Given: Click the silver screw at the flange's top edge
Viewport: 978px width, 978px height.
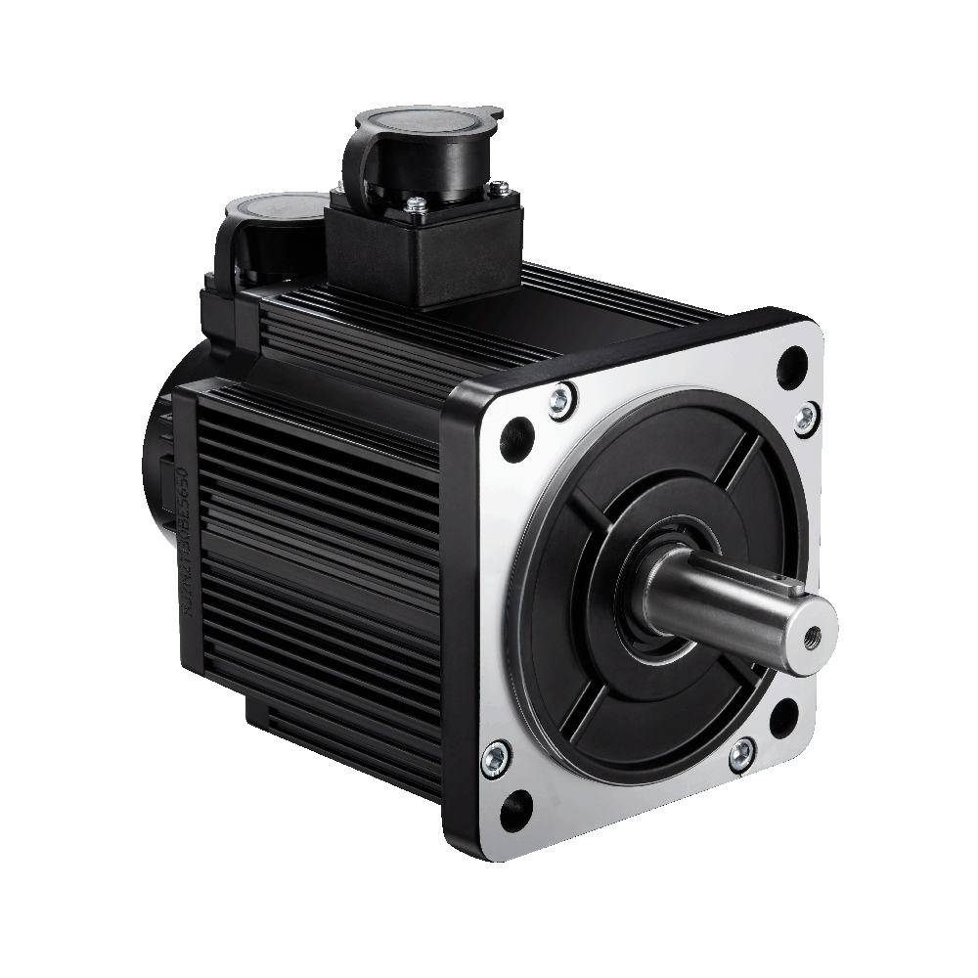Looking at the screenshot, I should pos(561,397).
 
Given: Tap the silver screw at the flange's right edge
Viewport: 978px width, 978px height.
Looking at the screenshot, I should pos(804,419).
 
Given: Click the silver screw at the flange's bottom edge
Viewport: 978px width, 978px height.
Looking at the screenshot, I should pos(743,752).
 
